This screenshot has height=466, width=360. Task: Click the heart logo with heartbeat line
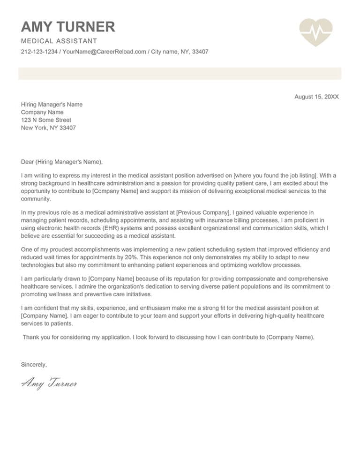tap(315, 32)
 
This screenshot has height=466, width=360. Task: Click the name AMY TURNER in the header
tap(68, 27)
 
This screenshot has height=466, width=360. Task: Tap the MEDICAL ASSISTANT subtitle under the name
tap(59, 41)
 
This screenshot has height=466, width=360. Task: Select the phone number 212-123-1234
tap(40, 52)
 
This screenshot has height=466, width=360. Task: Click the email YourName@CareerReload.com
tap(104, 52)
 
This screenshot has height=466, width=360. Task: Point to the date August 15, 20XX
tap(316, 97)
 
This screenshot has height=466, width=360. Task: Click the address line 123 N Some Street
tap(46, 120)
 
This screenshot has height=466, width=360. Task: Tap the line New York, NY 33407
tap(48, 128)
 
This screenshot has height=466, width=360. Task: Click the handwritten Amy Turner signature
tap(49, 384)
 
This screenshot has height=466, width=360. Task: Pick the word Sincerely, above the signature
tap(34, 364)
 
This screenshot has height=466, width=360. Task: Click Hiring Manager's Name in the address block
tap(52, 105)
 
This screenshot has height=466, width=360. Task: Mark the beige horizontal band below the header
tap(180, 74)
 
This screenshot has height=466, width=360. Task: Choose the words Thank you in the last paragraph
tap(36, 337)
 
